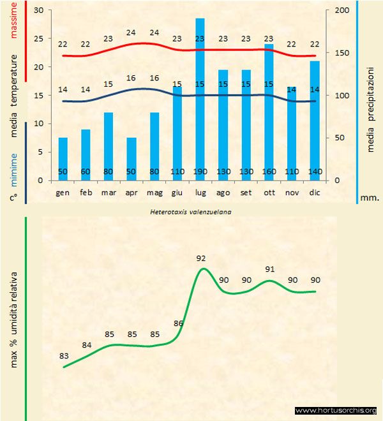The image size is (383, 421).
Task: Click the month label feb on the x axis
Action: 86,192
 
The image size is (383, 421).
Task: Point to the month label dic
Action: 315,192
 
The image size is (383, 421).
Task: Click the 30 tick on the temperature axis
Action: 38,11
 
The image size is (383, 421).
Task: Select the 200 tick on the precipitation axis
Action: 342,11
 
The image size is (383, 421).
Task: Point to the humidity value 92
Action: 202,258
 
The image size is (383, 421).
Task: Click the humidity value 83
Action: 63,356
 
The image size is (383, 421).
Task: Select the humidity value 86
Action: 179,323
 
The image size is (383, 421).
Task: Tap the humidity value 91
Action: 270,269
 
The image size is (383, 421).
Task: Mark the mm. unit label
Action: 370,198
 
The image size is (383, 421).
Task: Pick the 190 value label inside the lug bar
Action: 200,172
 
